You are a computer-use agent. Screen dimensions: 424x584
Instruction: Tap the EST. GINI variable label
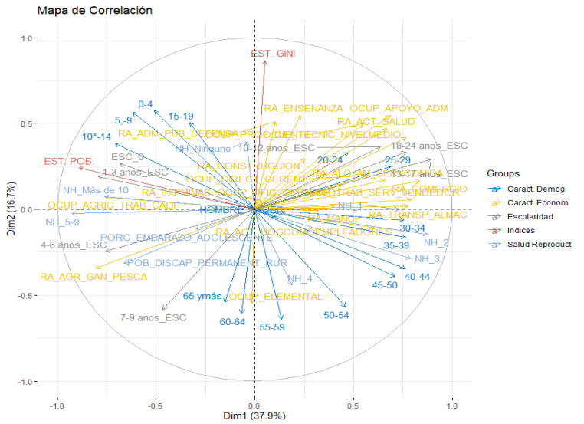pyautogui.click(x=274, y=54)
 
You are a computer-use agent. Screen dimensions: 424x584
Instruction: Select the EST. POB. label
pyautogui.click(x=68, y=162)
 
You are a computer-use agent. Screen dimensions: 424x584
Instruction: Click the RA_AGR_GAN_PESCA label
pyautogui.click(x=94, y=276)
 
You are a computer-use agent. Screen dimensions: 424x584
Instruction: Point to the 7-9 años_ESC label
pyautogui.click(x=153, y=317)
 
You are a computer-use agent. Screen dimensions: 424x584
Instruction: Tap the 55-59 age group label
pyautogui.click(x=272, y=327)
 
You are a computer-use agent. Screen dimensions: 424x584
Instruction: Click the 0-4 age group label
pyautogui.click(x=146, y=104)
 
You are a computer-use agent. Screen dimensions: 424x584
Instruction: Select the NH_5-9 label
pyautogui.click(x=62, y=222)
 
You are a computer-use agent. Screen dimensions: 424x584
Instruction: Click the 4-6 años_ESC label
pyautogui.click(x=74, y=245)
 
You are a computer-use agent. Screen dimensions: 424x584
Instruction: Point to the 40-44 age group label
pyautogui.click(x=417, y=276)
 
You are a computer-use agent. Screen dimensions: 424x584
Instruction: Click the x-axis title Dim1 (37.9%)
pyautogui.click(x=254, y=416)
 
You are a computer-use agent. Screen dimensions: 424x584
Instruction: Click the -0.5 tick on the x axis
pyautogui.click(x=156, y=404)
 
